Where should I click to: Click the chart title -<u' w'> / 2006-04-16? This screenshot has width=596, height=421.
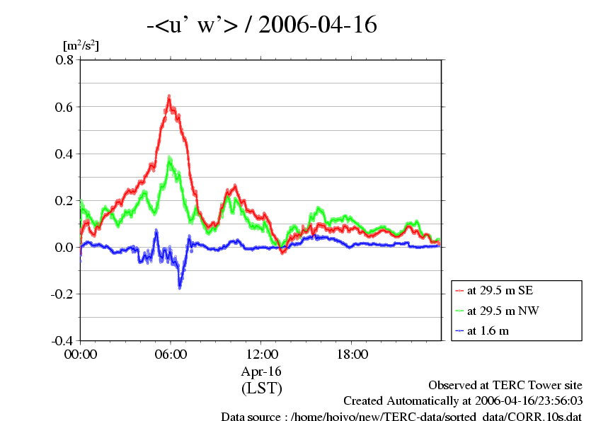pos(261,25)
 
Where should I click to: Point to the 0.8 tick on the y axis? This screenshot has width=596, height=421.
pos(64,60)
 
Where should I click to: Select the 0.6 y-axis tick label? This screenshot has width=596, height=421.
pos(64,107)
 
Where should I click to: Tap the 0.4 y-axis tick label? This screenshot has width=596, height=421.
pos(64,154)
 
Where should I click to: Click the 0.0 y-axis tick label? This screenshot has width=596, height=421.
pos(64,247)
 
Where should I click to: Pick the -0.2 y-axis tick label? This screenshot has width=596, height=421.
pos(62,294)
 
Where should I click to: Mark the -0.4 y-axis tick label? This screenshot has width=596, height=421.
pos(62,340)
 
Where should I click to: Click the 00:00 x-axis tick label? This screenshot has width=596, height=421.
pos(81,354)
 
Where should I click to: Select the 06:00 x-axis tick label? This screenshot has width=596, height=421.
pos(171,354)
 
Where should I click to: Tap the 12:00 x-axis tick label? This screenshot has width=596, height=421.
pos(261,354)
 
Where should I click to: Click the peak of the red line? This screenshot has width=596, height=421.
pos(169,96)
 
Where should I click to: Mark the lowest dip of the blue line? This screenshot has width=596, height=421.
pos(180,287)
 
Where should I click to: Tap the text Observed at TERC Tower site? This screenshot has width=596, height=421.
pos(505,386)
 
